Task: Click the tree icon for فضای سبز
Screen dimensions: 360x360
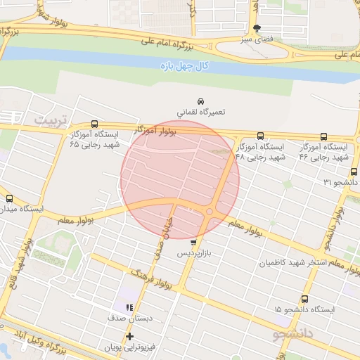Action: (x=257, y=28)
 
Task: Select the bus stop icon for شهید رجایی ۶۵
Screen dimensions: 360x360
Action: (x=95, y=124)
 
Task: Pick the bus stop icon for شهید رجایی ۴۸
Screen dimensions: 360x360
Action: (x=261, y=136)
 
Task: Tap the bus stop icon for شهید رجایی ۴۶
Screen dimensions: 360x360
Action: (x=323, y=136)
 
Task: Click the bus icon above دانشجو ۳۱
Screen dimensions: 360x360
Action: (x=354, y=171)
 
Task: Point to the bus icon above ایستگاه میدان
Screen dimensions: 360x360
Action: (x=10, y=198)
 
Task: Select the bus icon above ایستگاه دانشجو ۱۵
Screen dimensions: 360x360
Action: (x=304, y=299)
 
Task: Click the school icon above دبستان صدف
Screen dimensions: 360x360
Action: (x=129, y=307)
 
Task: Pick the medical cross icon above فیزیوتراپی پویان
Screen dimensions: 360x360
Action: (x=129, y=336)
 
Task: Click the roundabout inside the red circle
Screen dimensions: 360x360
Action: (x=210, y=212)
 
